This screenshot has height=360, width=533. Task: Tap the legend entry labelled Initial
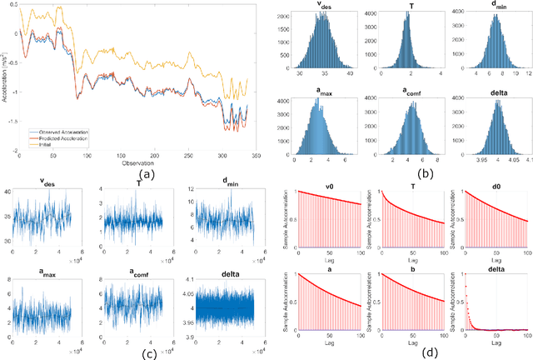(49, 142)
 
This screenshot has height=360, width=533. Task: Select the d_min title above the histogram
(497, 7)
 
